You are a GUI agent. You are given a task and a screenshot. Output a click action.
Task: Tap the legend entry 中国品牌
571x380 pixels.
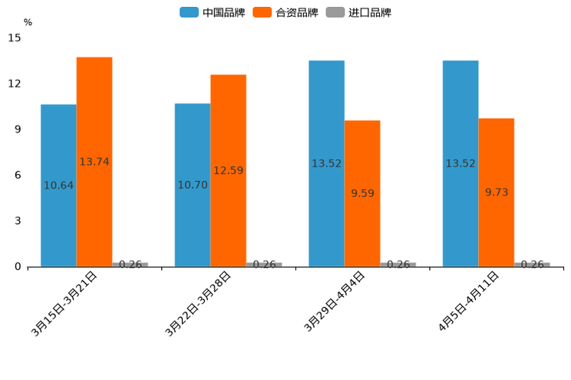coord(213,12)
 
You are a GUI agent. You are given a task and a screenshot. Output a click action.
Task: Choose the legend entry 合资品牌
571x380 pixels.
coord(285,12)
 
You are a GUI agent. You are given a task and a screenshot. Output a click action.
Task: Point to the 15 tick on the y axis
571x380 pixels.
coord(15,38)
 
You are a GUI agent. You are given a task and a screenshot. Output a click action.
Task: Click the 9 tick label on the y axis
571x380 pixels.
coord(18,129)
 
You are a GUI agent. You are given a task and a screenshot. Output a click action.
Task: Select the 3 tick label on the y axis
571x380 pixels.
coord(18,221)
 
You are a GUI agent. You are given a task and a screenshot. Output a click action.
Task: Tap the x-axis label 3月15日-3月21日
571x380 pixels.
coord(64,303)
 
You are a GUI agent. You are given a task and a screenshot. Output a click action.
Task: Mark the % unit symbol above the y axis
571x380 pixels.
coord(28,22)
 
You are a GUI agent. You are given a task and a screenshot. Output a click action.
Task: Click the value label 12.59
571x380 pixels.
coord(228,171)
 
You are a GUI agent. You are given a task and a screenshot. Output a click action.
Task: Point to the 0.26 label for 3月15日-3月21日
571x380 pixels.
coord(130,264)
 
